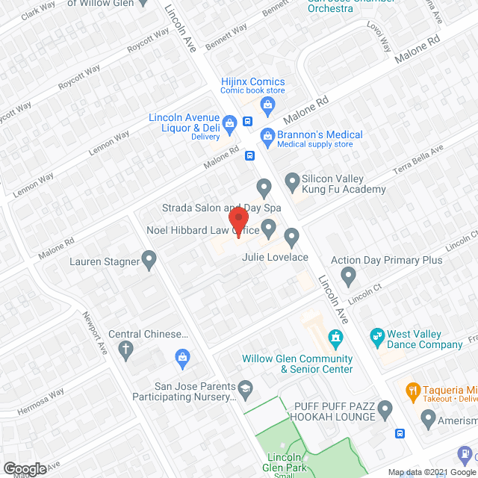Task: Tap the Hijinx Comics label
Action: (253, 81)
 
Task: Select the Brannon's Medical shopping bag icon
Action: (267, 135)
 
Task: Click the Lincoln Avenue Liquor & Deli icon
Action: (230, 122)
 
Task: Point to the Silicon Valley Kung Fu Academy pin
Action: (293, 180)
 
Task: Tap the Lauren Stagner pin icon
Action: (149, 261)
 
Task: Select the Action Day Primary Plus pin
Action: (348, 277)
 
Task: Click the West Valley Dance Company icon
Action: (378, 335)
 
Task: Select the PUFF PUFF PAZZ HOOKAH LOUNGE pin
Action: (385, 409)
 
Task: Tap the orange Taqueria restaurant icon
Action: (412, 389)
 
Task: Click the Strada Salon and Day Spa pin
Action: (263, 186)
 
